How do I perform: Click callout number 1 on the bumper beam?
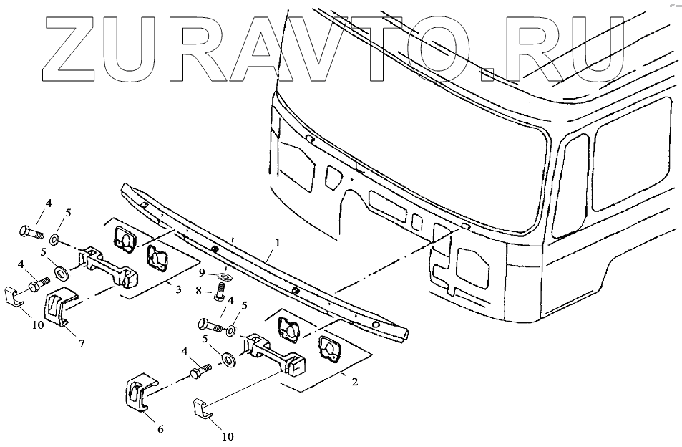pos(278,244)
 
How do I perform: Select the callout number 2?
pos(354,381)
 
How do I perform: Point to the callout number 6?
pos(160,429)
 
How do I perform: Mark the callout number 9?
pos(203,273)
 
